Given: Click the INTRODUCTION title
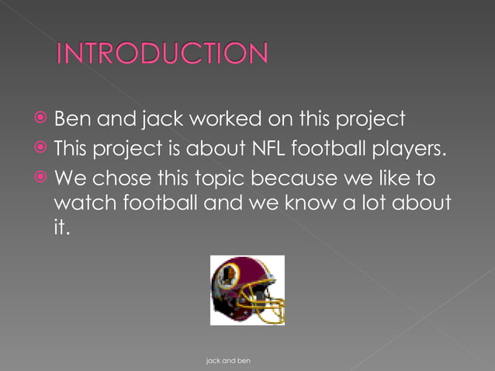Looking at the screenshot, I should [163, 54].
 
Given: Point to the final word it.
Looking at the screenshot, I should [61, 230].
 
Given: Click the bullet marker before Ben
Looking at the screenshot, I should [39, 120].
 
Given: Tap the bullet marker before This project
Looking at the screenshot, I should [39, 147].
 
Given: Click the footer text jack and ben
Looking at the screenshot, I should [228, 361].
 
